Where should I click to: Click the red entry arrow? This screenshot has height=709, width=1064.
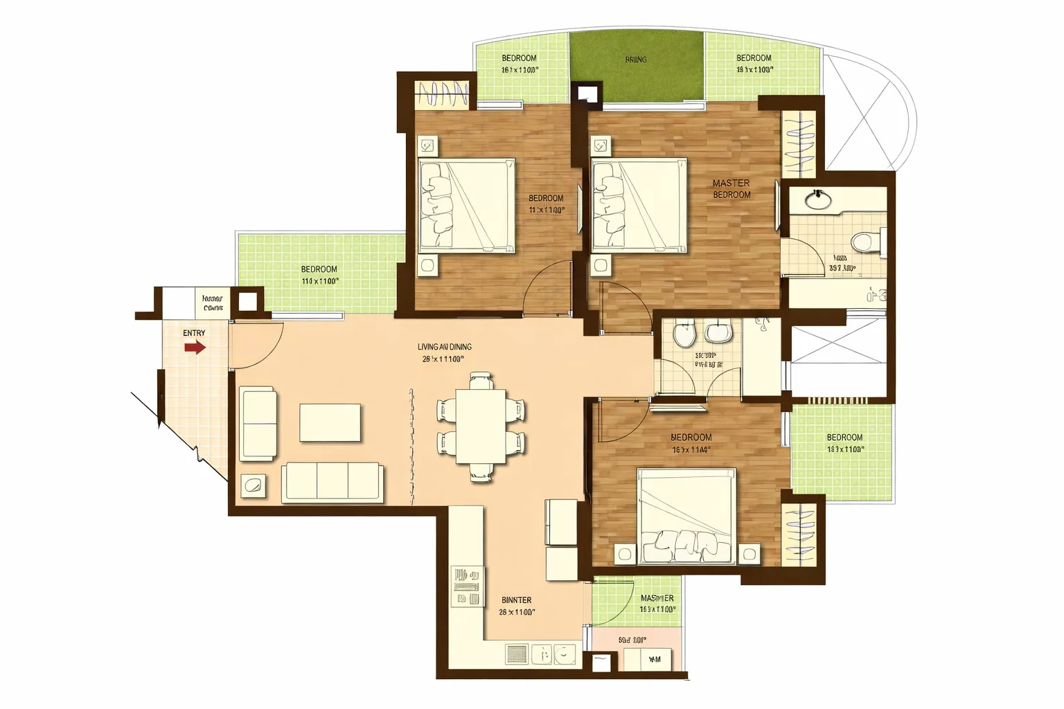point(195,347)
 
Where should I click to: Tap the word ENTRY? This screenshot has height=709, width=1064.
point(194,333)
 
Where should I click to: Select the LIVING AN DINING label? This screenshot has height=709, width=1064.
point(444,347)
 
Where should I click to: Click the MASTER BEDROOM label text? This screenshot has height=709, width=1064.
point(731,189)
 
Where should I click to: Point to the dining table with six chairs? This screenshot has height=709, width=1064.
point(481,426)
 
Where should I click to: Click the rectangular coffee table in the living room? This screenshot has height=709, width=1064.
point(330,422)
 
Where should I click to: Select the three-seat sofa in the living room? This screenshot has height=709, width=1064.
point(332,482)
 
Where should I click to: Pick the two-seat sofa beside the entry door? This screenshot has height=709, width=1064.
point(258,424)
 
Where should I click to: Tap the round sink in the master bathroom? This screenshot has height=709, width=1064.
point(819,200)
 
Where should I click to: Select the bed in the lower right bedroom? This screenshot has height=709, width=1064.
point(686,517)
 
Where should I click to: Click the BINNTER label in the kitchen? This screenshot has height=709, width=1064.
point(516,600)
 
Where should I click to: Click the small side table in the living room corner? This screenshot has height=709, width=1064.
point(253,486)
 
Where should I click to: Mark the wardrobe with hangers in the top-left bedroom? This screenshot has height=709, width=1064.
point(441,94)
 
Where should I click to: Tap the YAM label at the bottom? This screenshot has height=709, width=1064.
point(655,660)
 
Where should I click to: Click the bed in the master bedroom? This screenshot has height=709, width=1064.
point(638,206)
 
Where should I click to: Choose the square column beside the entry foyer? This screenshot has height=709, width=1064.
point(247,302)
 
